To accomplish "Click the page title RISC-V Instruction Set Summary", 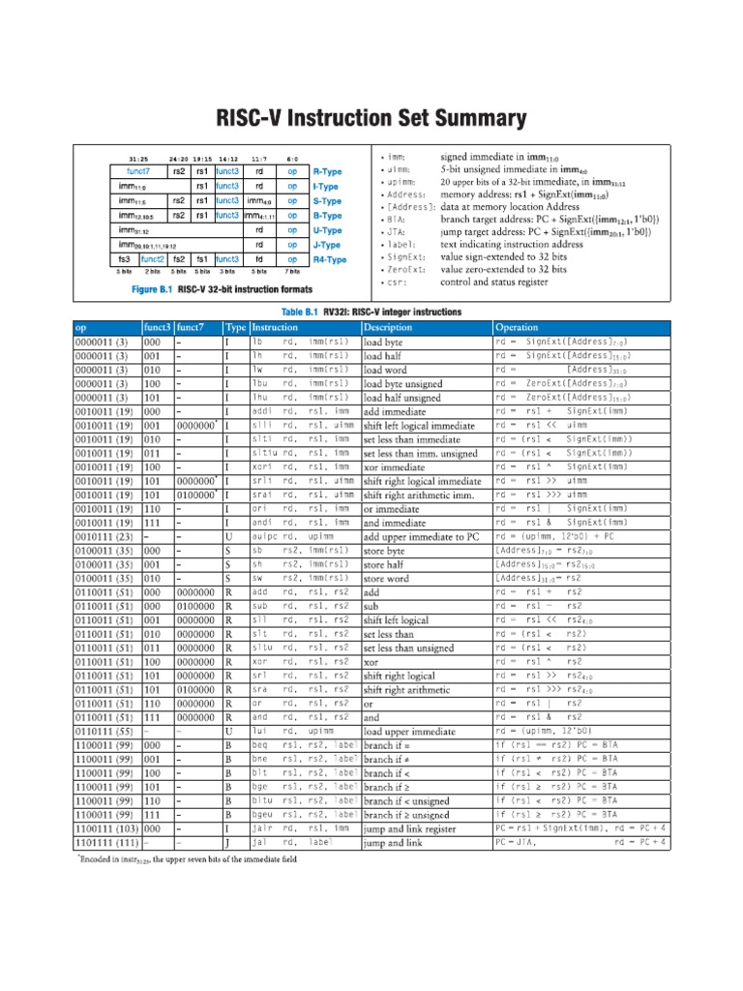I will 371,119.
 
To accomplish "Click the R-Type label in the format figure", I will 327,171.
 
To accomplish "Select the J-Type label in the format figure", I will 327,245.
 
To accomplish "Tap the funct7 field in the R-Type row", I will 138,171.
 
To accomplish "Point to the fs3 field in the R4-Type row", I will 124,259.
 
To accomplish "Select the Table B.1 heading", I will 371,313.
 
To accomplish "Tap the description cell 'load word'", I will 385,370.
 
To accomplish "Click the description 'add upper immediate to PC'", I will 420,537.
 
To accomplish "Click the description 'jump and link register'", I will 409,829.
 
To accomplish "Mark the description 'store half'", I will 384,565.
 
